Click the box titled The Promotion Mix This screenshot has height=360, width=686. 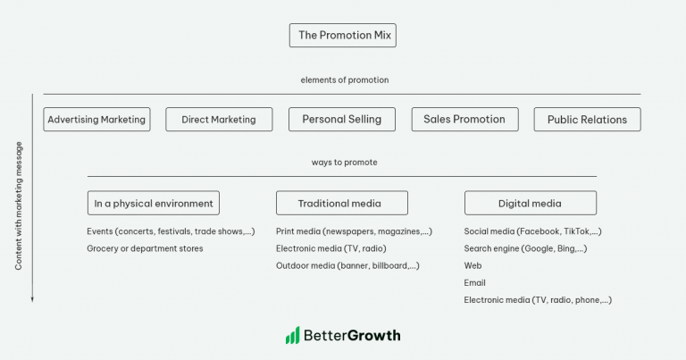pyautogui.click(x=342, y=36)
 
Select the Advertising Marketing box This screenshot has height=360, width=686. pyautogui.click(x=96, y=120)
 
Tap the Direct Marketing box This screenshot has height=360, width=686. pyautogui.click(x=218, y=120)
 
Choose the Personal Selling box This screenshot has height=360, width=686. pyautogui.click(x=341, y=119)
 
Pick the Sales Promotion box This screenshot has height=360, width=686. pyautogui.click(x=464, y=119)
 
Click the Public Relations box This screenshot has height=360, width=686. pyautogui.click(x=587, y=120)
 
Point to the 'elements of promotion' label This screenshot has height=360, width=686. pyautogui.click(x=344, y=80)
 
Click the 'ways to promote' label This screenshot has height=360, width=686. pyautogui.click(x=344, y=163)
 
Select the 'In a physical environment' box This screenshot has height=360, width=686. pyautogui.click(x=154, y=203)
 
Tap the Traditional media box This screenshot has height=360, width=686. pyautogui.click(x=341, y=203)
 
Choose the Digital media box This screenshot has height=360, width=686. pyautogui.click(x=531, y=203)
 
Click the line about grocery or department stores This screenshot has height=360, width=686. pyautogui.click(x=145, y=248)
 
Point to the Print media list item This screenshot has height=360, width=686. pyautogui.click(x=354, y=231)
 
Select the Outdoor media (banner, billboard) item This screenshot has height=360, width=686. pyautogui.click(x=347, y=265)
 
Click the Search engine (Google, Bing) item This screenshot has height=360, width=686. pyautogui.click(x=525, y=248)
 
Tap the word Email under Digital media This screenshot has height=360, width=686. pyautogui.click(x=474, y=283)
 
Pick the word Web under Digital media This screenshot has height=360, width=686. pyautogui.click(x=473, y=265)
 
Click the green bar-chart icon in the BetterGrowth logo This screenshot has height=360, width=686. pyautogui.click(x=292, y=336)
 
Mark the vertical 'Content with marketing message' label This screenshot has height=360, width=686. pyautogui.click(x=19, y=205)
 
